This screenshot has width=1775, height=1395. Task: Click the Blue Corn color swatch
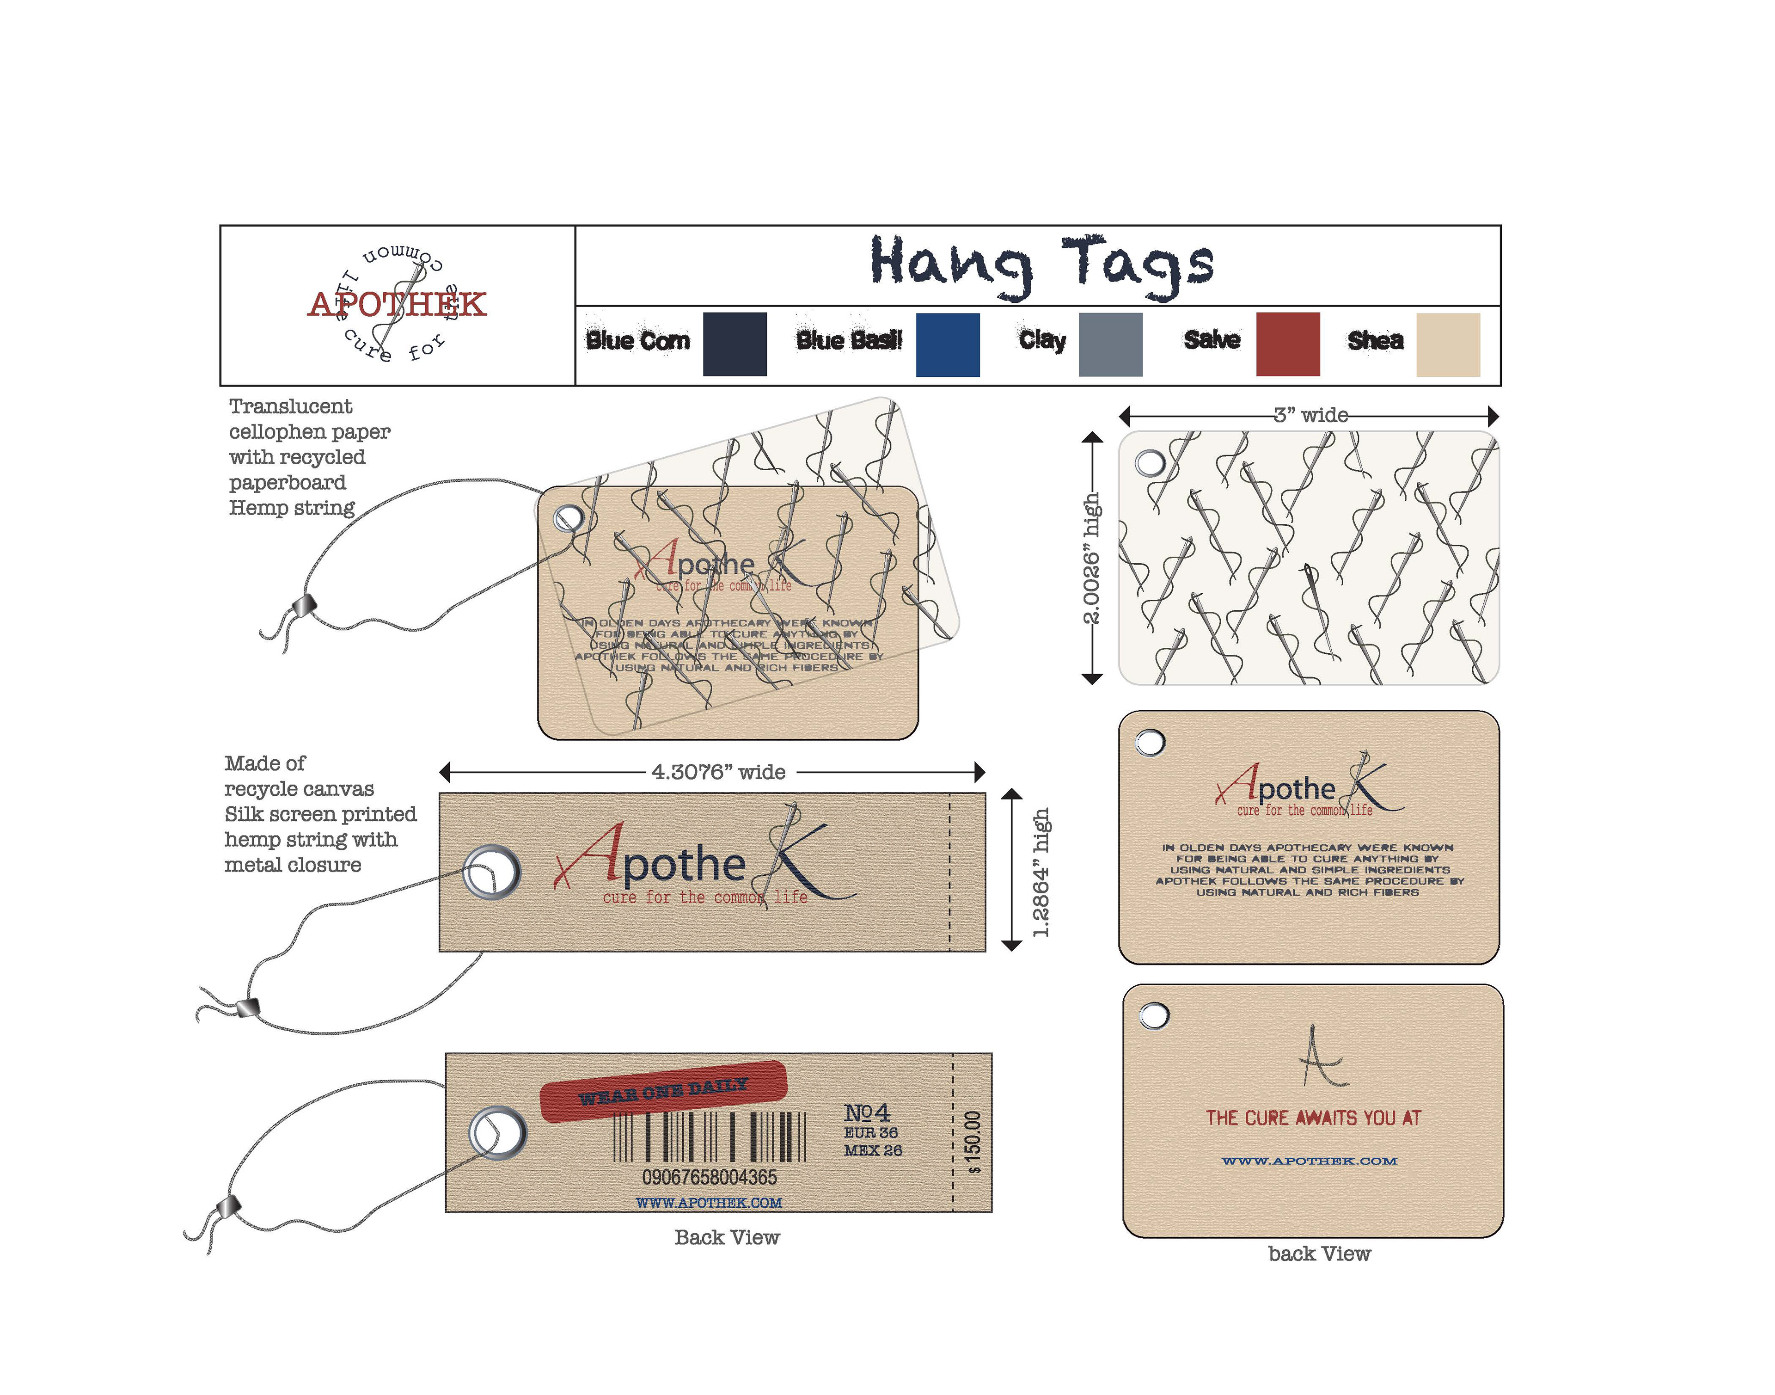[x=734, y=344]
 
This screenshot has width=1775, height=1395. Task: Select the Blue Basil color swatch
[x=947, y=344]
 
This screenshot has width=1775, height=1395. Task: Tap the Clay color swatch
[x=1109, y=344]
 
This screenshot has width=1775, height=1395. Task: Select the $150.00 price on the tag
[x=973, y=1142]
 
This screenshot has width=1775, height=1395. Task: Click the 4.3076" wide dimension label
[x=718, y=772]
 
